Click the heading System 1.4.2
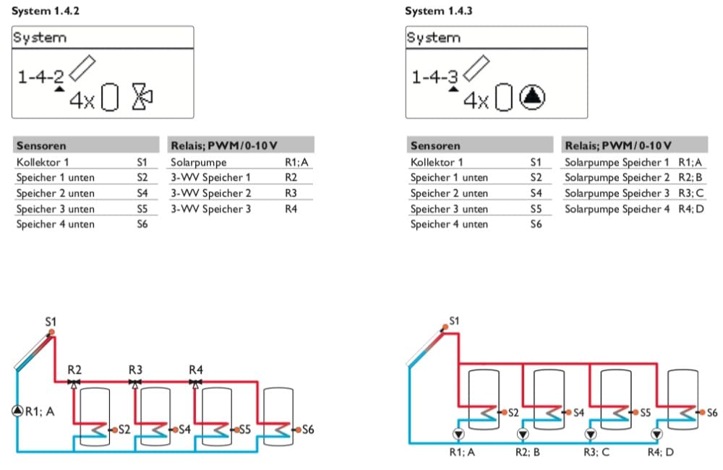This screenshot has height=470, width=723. [x=45, y=11]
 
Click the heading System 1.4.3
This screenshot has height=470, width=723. [x=439, y=11]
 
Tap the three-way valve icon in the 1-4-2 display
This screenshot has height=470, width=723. [x=142, y=97]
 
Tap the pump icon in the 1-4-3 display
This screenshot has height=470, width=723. [x=532, y=97]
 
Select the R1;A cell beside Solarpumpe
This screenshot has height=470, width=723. [x=296, y=163]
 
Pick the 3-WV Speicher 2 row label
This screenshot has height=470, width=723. [x=210, y=193]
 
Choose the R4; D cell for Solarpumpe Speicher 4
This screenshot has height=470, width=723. [x=691, y=209]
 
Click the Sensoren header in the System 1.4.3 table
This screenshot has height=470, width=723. [x=435, y=146]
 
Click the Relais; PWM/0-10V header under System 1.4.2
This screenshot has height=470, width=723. [x=224, y=146]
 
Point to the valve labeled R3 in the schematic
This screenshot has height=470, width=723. [x=134, y=383]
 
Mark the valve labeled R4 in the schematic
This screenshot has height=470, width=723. [x=195, y=383]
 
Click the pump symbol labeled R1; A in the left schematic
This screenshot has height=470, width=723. [x=17, y=411]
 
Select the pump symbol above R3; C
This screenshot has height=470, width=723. [x=591, y=434]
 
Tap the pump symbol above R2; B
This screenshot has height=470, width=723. [x=523, y=434]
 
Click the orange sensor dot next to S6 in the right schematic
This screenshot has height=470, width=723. [x=702, y=412]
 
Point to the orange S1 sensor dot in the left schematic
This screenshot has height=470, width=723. [x=51, y=332]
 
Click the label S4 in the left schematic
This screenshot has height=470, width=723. [x=184, y=430]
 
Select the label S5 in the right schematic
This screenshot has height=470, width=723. [x=645, y=412]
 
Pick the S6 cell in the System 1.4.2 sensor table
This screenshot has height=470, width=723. [x=142, y=224]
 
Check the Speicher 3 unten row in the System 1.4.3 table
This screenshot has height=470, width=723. [x=449, y=209]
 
